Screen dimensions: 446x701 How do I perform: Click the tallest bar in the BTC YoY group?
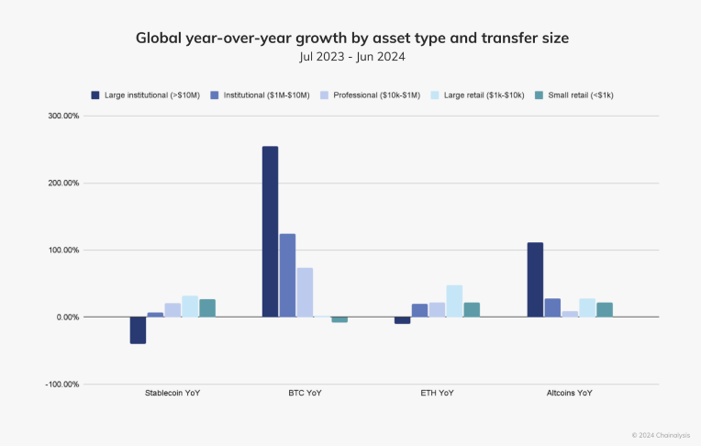270,231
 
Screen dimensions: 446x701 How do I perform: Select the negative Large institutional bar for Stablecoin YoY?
138,329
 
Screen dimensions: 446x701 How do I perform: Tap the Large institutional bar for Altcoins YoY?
535,280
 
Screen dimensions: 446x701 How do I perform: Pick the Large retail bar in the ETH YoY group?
454,301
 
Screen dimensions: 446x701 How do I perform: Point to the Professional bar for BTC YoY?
305,292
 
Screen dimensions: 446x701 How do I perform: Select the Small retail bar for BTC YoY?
339,319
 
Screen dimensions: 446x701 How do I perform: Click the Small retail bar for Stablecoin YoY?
207,307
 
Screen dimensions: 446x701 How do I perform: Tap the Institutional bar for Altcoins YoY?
552,307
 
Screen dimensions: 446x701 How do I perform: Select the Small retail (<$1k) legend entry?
577,95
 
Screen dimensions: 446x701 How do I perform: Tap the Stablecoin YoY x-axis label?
172,393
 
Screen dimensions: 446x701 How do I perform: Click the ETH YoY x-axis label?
437,393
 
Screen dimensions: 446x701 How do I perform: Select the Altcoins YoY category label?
569,393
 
